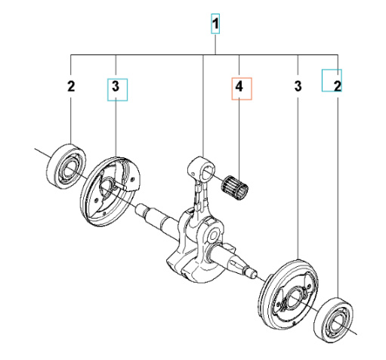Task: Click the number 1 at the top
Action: (x=216, y=26)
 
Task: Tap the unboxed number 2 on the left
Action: (x=70, y=88)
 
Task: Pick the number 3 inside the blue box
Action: (x=116, y=88)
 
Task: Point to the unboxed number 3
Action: (x=298, y=88)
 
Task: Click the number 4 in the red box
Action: (x=239, y=88)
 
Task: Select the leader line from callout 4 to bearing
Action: (x=239, y=136)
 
